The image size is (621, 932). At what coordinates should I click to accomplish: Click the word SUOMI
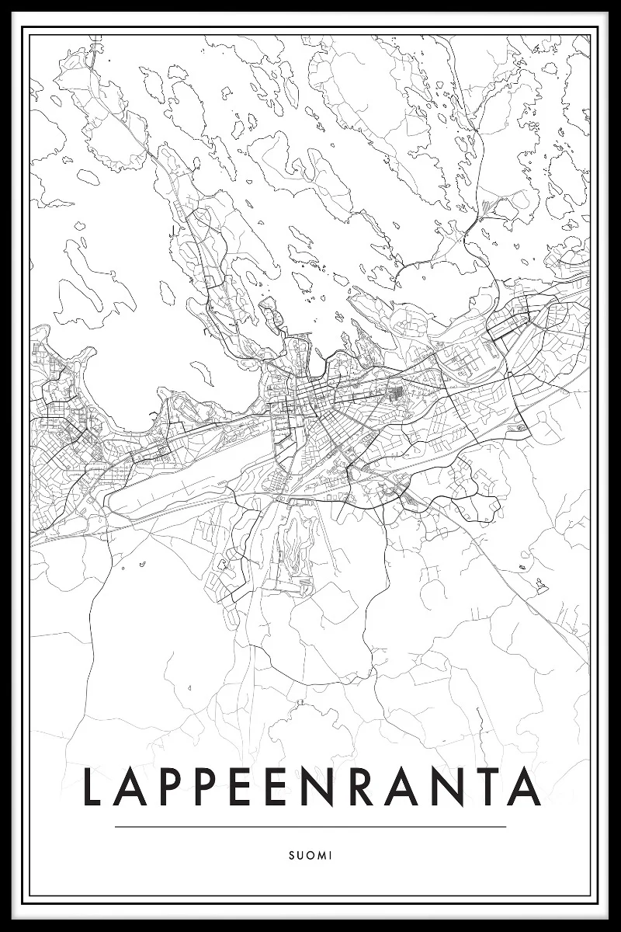(x=310, y=855)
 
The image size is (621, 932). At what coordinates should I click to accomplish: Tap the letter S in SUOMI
(x=291, y=855)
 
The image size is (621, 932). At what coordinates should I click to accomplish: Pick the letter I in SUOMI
(x=330, y=855)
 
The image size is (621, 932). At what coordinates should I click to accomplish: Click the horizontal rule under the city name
(x=310, y=827)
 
